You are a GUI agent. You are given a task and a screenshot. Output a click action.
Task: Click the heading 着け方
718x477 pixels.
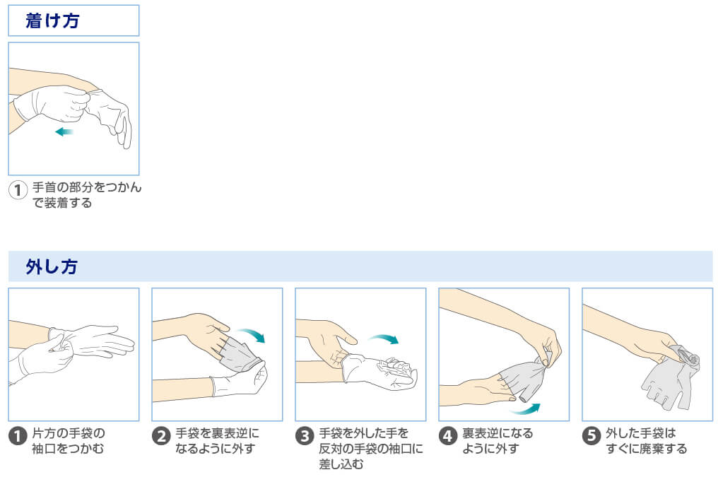click(x=52, y=20)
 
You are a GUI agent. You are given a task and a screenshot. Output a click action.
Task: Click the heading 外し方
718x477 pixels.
click(x=52, y=266)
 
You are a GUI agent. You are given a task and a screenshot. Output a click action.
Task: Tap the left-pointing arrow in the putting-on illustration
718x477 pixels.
click(x=64, y=132)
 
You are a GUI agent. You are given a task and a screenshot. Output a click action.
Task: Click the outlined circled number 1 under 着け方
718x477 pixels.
click(x=18, y=190)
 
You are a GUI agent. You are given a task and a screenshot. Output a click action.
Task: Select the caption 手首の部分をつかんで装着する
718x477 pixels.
click(x=86, y=195)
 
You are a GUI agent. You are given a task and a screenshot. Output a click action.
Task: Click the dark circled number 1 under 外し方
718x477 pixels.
click(x=18, y=436)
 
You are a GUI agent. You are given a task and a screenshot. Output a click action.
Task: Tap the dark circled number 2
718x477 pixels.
click(x=160, y=436)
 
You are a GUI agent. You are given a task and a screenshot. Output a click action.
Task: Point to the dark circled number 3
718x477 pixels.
click(x=305, y=436)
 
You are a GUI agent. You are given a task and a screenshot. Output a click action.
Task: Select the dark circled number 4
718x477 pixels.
click(x=447, y=436)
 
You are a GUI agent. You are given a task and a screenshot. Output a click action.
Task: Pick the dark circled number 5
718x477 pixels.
click(x=592, y=436)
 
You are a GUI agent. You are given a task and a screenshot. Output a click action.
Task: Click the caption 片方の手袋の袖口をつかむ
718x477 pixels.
click(x=69, y=440)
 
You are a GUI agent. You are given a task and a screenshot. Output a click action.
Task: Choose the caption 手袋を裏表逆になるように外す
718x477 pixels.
click(x=217, y=440)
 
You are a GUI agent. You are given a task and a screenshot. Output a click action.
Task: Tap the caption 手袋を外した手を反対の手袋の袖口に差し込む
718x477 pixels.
click(x=371, y=448)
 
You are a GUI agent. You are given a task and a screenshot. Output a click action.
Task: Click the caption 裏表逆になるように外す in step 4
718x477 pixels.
click(x=498, y=440)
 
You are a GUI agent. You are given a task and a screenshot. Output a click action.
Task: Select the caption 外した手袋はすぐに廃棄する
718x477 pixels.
click(x=646, y=440)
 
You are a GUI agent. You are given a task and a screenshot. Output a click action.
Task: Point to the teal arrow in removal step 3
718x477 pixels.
click(x=384, y=338)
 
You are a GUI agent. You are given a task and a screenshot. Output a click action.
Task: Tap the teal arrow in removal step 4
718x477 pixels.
click(x=526, y=408)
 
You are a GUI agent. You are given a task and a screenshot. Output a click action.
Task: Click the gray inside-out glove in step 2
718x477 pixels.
click(x=240, y=353)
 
